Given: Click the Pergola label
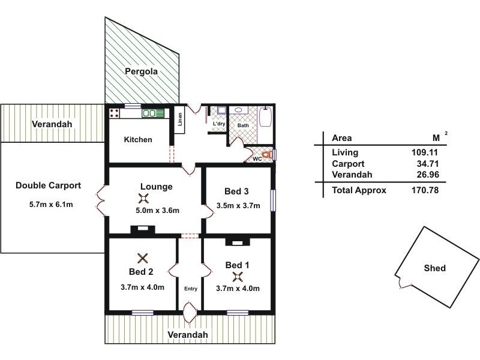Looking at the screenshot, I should [x=141, y=71].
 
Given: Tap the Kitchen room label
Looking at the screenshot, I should [x=138, y=140].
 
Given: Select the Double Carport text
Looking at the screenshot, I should [x=48, y=185].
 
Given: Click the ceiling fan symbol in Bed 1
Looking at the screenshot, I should [x=238, y=276].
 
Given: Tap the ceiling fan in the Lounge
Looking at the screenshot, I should [x=143, y=200].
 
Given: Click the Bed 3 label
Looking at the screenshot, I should [x=236, y=192].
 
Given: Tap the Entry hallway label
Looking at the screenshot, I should [x=191, y=289].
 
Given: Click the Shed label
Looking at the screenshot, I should [x=434, y=268].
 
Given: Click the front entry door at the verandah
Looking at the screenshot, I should [x=191, y=311].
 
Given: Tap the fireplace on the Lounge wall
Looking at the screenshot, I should [x=143, y=229].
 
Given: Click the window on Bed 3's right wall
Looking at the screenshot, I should [x=273, y=200].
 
